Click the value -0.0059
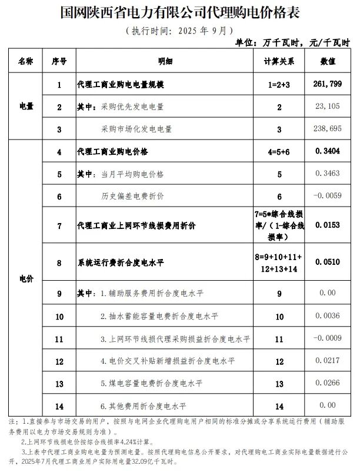326,195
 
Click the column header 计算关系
279,61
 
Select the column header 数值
328,61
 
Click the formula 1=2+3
279,85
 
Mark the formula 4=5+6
279,151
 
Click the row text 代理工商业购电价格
112,151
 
